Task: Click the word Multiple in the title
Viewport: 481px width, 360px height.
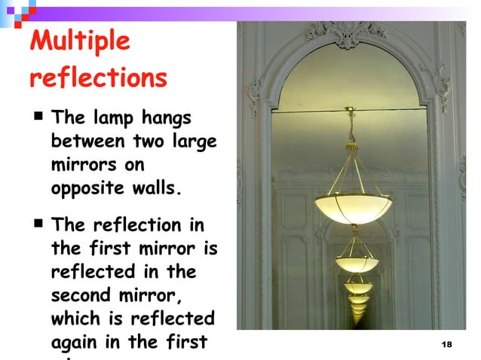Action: [x=80, y=42]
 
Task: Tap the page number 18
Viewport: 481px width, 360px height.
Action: [x=445, y=344]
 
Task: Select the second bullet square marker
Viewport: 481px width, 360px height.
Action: [x=37, y=224]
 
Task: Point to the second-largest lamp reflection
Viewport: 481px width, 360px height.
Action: [x=355, y=264]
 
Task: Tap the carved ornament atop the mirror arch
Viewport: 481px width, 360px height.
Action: [x=348, y=31]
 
